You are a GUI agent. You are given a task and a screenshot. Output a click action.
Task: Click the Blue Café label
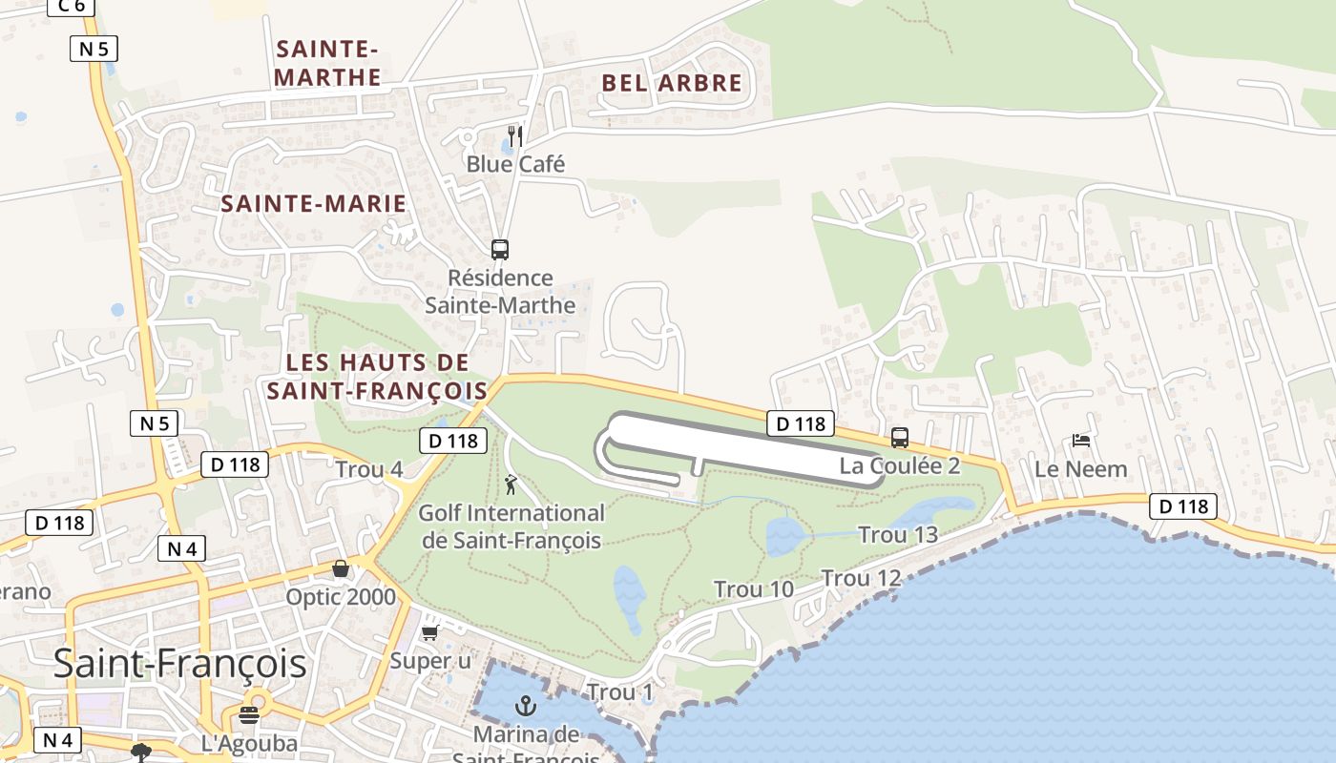[x=515, y=164]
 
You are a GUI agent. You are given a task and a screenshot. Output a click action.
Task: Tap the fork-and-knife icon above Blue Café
[x=515, y=135]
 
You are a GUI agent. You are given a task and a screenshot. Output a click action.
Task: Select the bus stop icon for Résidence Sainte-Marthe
[x=499, y=250]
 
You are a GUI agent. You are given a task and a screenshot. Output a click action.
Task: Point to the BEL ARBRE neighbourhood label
[x=672, y=83]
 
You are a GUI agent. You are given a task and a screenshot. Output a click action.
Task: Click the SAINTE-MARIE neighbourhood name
[x=314, y=203]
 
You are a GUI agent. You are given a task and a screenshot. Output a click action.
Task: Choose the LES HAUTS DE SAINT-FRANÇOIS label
[x=377, y=377]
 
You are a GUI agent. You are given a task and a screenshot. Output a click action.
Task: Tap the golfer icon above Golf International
[x=511, y=485]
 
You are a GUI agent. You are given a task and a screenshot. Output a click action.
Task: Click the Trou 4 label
[x=368, y=469]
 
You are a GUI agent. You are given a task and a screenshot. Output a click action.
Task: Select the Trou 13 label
[x=898, y=534]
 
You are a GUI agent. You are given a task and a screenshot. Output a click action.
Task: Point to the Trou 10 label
[x=754, y=589]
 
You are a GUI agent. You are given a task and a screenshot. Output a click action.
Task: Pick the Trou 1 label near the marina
[x=620, y=691]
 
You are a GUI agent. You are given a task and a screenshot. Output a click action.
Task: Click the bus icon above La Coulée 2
[x=900, y=438]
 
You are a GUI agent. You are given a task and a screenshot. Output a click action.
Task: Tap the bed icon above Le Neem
[x=1081, y=441]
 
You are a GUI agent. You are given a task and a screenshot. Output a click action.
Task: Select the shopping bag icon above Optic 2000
[x=341, y=569]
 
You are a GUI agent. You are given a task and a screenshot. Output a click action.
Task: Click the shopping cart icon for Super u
[x=429, y=633]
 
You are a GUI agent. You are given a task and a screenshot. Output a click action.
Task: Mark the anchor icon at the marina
[x=525, y=706]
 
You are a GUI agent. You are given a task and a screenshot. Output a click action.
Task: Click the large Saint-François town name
[x=179, y=663]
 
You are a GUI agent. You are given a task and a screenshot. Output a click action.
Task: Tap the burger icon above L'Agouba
[x=250, y=715]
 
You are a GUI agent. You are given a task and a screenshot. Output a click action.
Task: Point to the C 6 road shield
[x=72, y=6]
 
